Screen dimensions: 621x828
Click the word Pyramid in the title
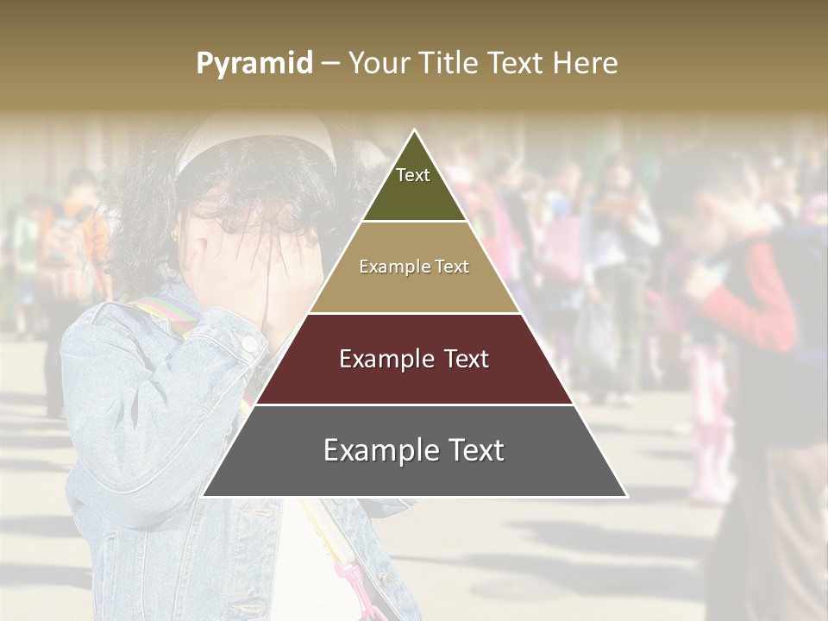pos(254,64)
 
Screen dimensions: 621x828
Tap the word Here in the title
pos(586,63)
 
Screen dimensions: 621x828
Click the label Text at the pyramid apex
pos(413,175)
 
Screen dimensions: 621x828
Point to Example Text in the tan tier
pos(414,267)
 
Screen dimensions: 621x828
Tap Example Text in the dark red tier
pos(414,359)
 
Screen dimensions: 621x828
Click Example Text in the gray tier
pos(414,450)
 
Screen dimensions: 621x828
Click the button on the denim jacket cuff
pos(249,343)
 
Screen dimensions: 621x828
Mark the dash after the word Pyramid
pos(330,64)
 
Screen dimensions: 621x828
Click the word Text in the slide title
pos(517,63)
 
